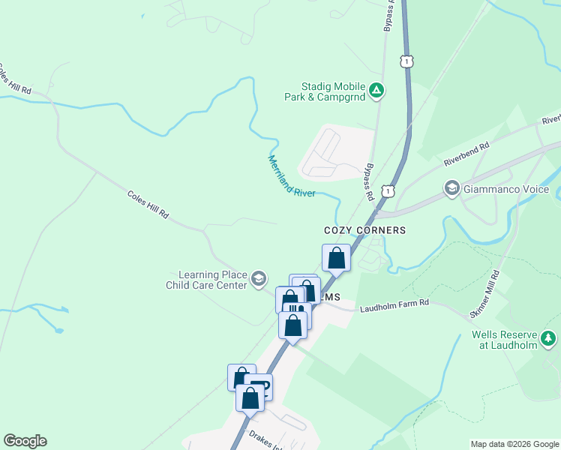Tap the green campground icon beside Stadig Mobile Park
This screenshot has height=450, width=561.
pos(377,91)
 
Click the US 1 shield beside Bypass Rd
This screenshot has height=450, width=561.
pos(387,192)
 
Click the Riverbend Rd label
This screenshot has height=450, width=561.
pos(466,153)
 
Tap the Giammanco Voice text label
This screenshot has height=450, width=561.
pos(505,189)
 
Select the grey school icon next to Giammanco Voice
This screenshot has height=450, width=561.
pos(452,188)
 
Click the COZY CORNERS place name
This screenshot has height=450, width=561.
pos(364,230)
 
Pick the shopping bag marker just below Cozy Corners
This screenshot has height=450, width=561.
pos(337,258)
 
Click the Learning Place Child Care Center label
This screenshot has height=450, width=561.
pos(206,280)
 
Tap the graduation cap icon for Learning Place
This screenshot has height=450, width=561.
pos(259,280)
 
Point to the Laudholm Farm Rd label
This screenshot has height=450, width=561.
pos(394,308)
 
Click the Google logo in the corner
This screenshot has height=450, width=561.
pos(25,441)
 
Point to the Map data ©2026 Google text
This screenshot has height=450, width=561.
pos(514,444)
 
